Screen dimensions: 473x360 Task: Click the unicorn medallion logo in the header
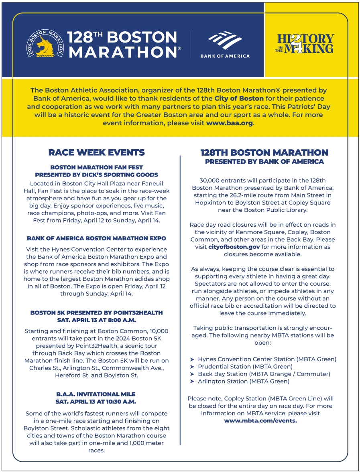coord(45,45)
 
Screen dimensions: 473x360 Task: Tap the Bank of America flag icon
coord(225,40)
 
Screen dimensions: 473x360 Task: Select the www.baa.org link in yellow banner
coord(229,123)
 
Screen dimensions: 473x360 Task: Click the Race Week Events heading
coord(96,152)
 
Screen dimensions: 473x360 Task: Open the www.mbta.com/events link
coord(260,421)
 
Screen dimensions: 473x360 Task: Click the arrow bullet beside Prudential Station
coord(192,367)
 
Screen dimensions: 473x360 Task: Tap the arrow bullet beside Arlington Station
coord(192,382)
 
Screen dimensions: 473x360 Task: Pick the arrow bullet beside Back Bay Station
coord(192,374)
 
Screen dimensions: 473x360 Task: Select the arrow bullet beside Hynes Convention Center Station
coord(192,359)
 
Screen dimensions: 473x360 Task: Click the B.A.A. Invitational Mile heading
coord(96,394)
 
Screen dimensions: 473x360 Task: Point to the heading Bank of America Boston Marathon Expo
coord(96,238)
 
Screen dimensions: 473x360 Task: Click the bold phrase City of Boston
coord(239,98)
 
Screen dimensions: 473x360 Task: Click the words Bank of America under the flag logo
coord(225,56)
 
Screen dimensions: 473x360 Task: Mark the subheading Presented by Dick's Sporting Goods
coord(96,175)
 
